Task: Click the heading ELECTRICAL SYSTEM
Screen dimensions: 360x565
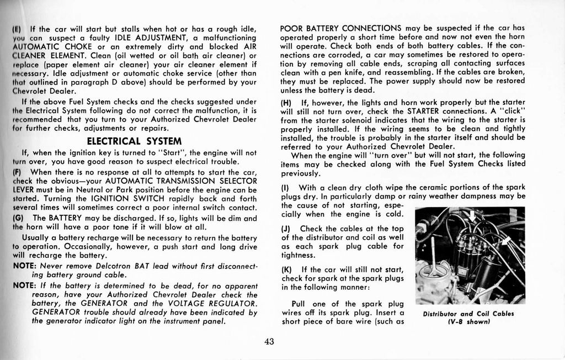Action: [135, 141]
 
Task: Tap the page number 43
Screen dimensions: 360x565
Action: [269, 341]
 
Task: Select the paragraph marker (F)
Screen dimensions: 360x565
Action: [17, 172]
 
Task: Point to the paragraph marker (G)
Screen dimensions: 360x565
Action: [18, 218]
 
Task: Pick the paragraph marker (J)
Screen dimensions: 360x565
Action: [286, 229]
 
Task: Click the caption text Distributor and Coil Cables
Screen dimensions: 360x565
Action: [468, 314]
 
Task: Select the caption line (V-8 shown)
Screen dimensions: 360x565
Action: [468, 322]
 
